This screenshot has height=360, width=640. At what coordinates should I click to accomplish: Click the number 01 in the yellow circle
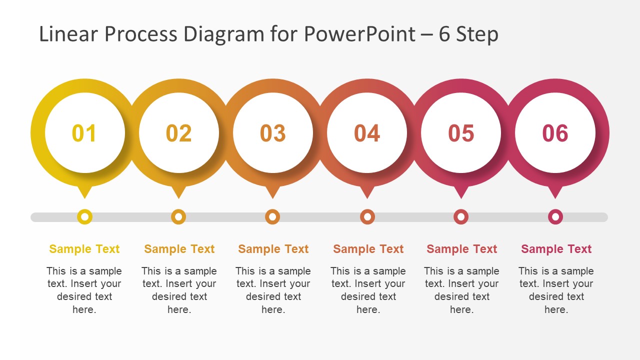coord(84,133)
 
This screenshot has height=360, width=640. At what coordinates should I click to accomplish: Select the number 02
coord(178,133)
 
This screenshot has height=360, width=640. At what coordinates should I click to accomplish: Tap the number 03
coord(272,133)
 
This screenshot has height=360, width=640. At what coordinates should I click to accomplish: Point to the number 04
coord(367,133)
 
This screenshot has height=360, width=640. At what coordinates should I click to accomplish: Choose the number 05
coord(461,133)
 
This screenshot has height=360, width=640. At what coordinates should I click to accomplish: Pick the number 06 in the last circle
coord(555,133)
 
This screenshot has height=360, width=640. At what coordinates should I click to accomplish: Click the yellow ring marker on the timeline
coord(85,217)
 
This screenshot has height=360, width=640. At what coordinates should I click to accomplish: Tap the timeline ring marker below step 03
coord(272,217)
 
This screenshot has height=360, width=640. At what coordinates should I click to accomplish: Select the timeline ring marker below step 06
coord(555,217)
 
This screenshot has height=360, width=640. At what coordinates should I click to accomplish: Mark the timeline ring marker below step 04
coord(367,217)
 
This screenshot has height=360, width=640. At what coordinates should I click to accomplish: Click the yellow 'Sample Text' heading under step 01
coord(84,249)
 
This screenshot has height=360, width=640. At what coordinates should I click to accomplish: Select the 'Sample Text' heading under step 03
coord(273,249)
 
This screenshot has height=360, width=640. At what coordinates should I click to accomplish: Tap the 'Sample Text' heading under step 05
coord(462,249)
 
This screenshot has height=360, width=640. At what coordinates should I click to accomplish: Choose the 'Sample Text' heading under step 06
coord(556,249)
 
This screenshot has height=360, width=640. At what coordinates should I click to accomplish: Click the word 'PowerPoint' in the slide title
coord(359,34)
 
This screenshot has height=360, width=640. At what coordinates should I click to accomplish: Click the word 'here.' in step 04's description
coord(368,309)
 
